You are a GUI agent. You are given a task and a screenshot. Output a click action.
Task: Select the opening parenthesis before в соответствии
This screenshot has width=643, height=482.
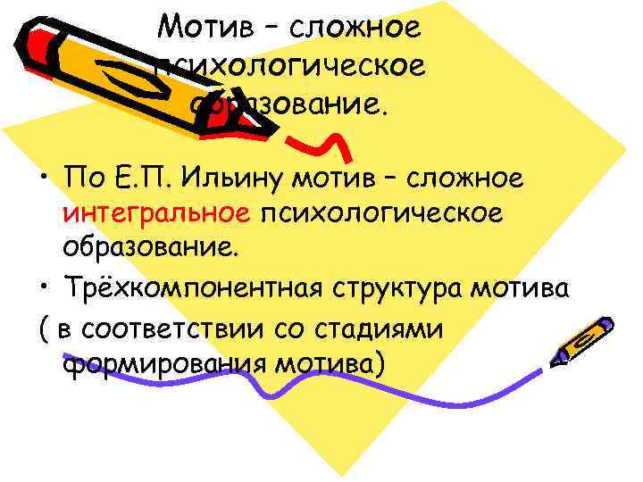point(45,328)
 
